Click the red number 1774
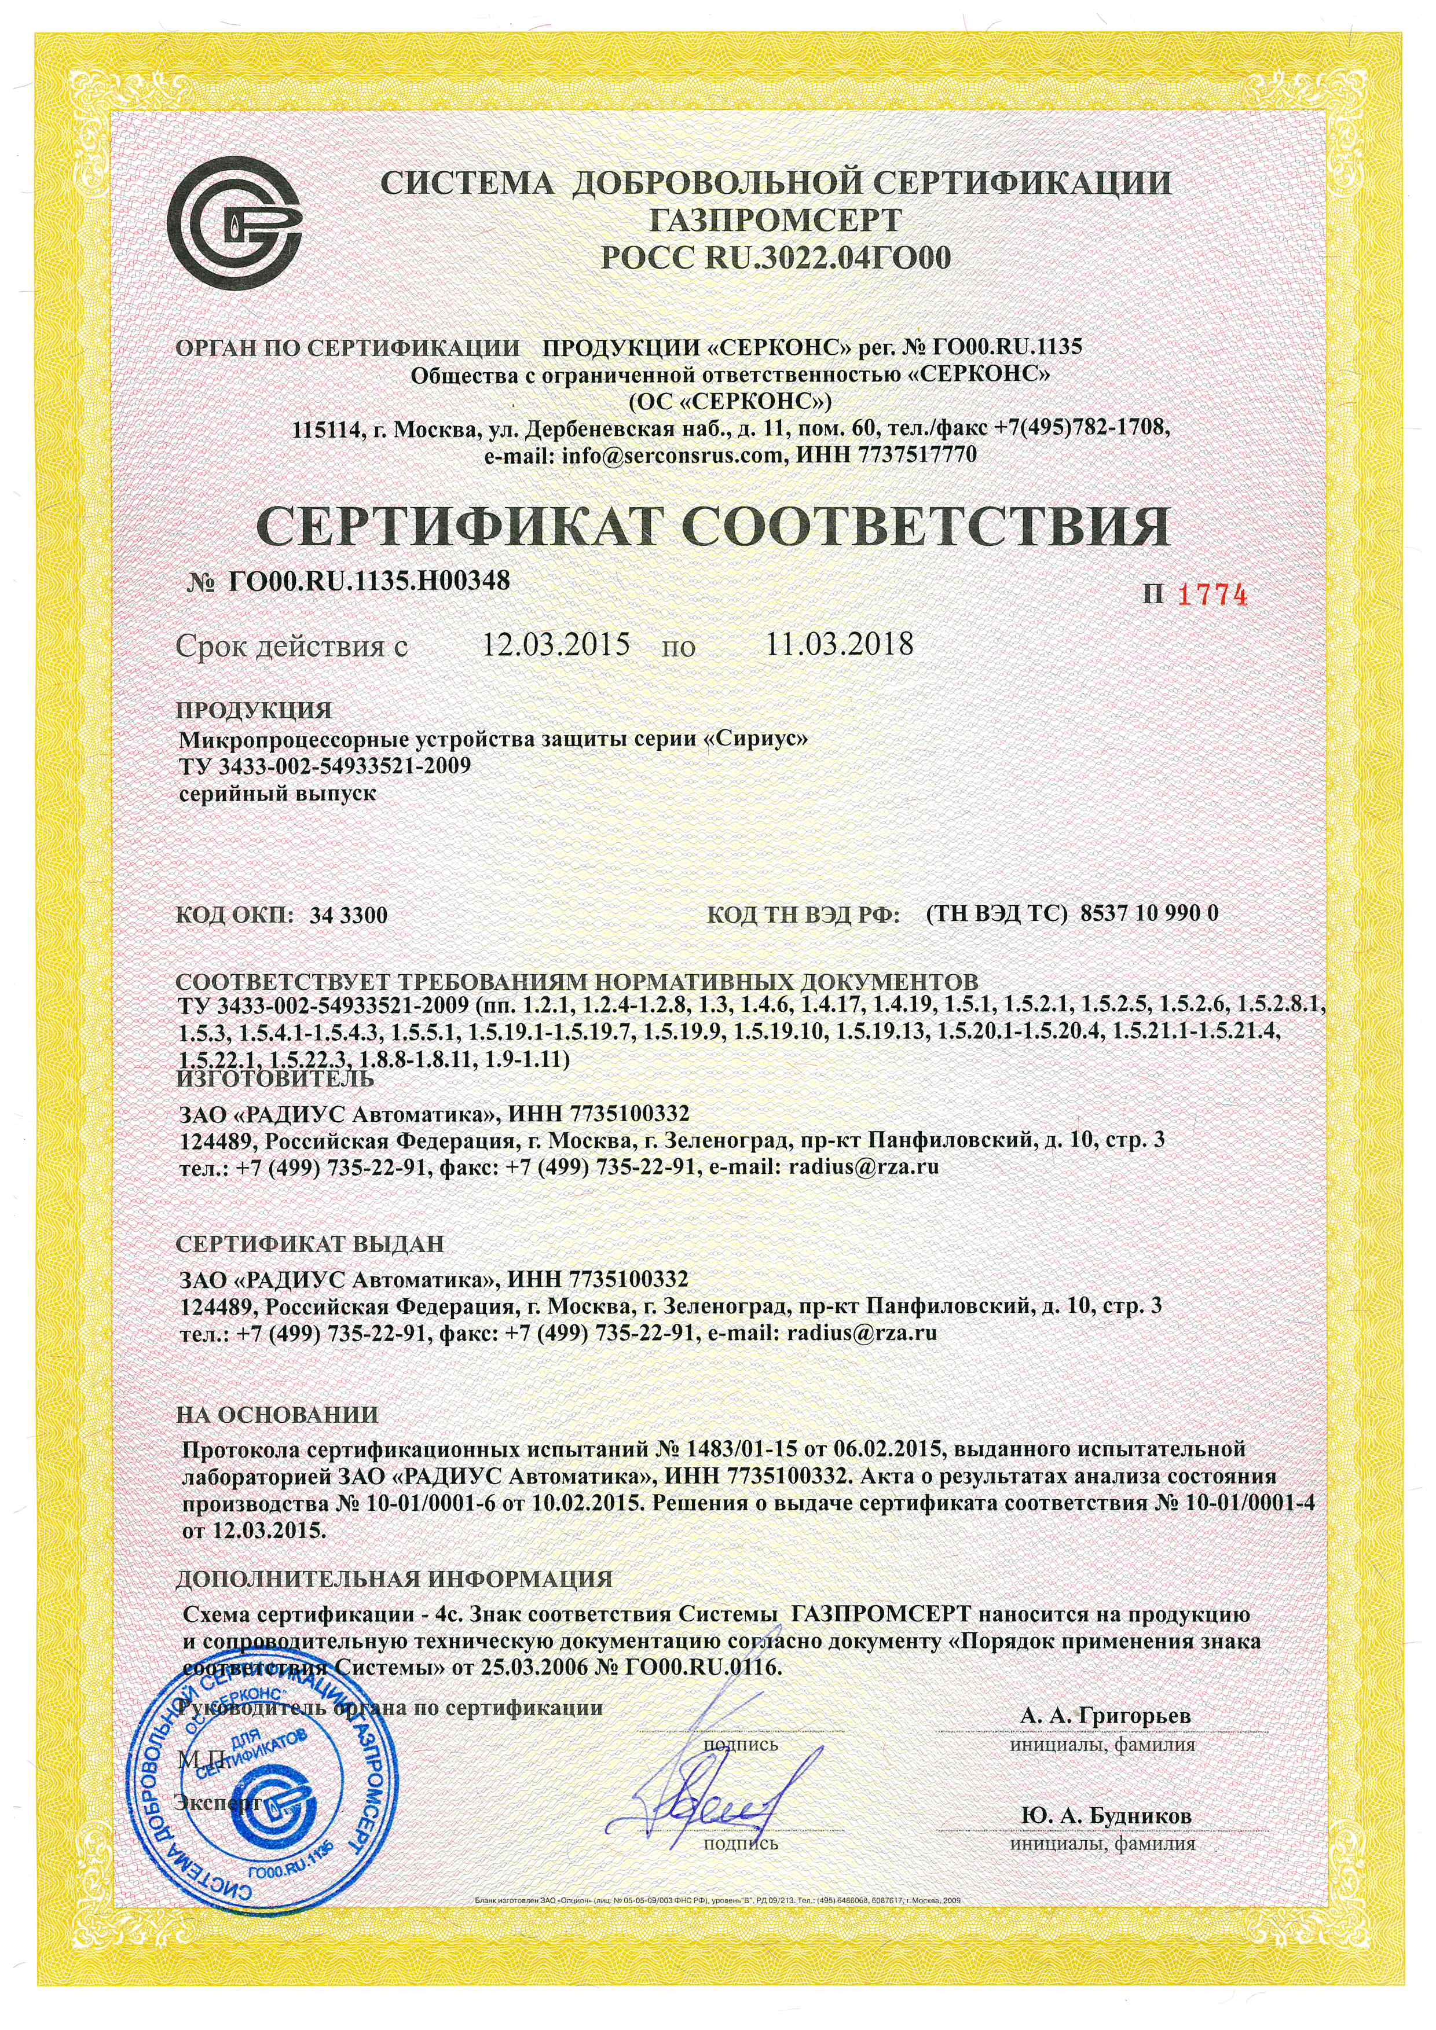coord(1211,595)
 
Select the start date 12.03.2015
coord(555,644)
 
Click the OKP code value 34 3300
coord(349,915)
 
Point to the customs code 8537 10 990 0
coord(1149,913)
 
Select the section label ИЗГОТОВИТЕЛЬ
coord(275,1078)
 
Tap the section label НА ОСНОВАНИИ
coord(277,1415)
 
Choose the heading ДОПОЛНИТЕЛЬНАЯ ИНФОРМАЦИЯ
coord(394,1578)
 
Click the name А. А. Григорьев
coord(1105,1715)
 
